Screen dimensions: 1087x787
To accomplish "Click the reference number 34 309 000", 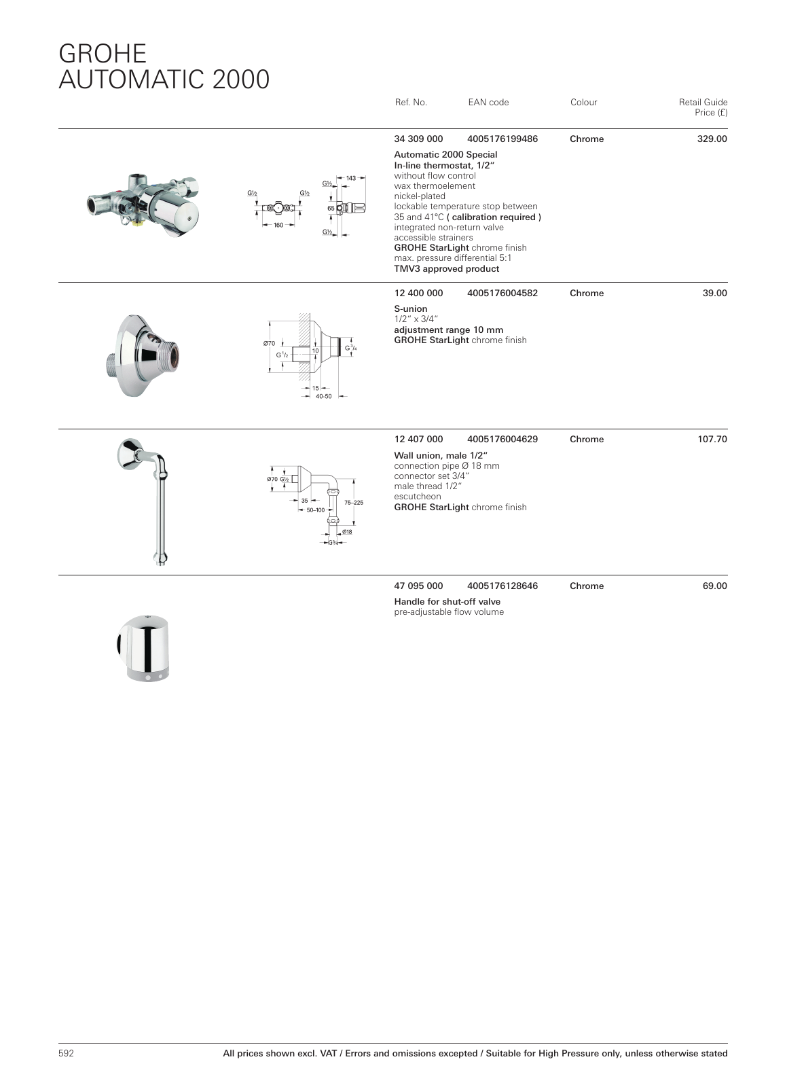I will pos(418,139).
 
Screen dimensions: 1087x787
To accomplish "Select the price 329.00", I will pos(712,139).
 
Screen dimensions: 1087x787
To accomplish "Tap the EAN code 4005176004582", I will pos(502,293).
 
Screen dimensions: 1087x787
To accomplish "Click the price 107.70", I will pos(712,440).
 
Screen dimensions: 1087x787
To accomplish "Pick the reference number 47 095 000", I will pos(418,586).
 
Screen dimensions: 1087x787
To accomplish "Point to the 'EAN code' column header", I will pos(488,103).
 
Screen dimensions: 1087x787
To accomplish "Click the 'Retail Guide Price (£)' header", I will pos(703,107).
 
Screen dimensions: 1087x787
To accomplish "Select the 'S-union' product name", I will pos(411,309).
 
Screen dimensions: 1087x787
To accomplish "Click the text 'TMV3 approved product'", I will pos(446,269).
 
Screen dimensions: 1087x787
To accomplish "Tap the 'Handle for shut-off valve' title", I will pos(447,602).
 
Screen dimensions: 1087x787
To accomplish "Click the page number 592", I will pos(66,1054).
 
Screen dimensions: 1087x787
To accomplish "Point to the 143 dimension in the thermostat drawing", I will pos(351,179).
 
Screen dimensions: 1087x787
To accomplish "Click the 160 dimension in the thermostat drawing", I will pos(278,225).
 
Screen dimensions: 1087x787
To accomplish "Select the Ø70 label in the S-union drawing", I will pos(269,344).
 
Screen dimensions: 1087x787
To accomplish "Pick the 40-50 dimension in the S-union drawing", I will pos(324,396).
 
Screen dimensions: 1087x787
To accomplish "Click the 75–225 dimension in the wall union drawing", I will pos(354,503).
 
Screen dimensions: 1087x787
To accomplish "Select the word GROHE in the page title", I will pos(103,54).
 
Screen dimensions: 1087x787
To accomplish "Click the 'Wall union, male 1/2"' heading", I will pos(441,455).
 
